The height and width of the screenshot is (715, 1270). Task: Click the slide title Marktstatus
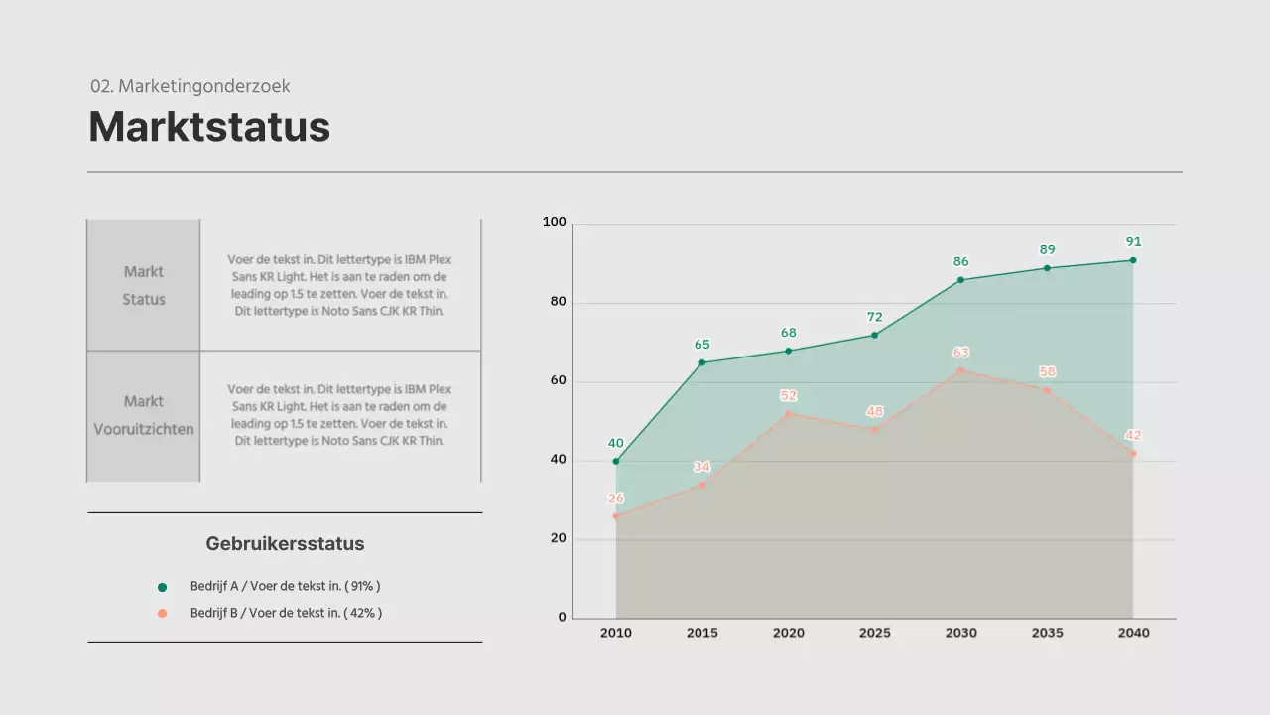(209, 128)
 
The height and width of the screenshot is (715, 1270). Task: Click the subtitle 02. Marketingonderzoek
(190, 86)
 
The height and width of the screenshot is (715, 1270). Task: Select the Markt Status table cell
(144, 285)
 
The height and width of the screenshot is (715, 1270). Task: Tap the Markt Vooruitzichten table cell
(144, 415)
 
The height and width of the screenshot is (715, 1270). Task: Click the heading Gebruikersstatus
(285, 544)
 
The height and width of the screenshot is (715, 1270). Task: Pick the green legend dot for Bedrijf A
(163, 587)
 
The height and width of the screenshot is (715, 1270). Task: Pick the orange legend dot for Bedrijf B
(163, 614)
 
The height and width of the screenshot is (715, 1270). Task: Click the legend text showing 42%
(286, 614)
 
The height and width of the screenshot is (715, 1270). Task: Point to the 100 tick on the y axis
(554, 223)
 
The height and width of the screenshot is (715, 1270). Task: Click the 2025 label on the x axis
(874, 633)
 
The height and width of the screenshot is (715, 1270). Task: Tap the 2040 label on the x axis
(1133, 633)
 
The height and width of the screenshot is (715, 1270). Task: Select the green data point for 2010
(616, 461)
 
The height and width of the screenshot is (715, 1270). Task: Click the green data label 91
(1133, 242)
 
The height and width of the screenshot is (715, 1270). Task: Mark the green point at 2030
(960, 280)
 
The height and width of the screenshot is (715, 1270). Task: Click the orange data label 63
(960, 353)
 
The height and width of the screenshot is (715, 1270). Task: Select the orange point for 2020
(789, 414)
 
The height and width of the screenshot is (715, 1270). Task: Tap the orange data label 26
(616, 499)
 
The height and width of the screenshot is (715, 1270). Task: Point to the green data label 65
(702, 345)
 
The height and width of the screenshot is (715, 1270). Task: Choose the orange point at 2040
(1133, 454)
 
